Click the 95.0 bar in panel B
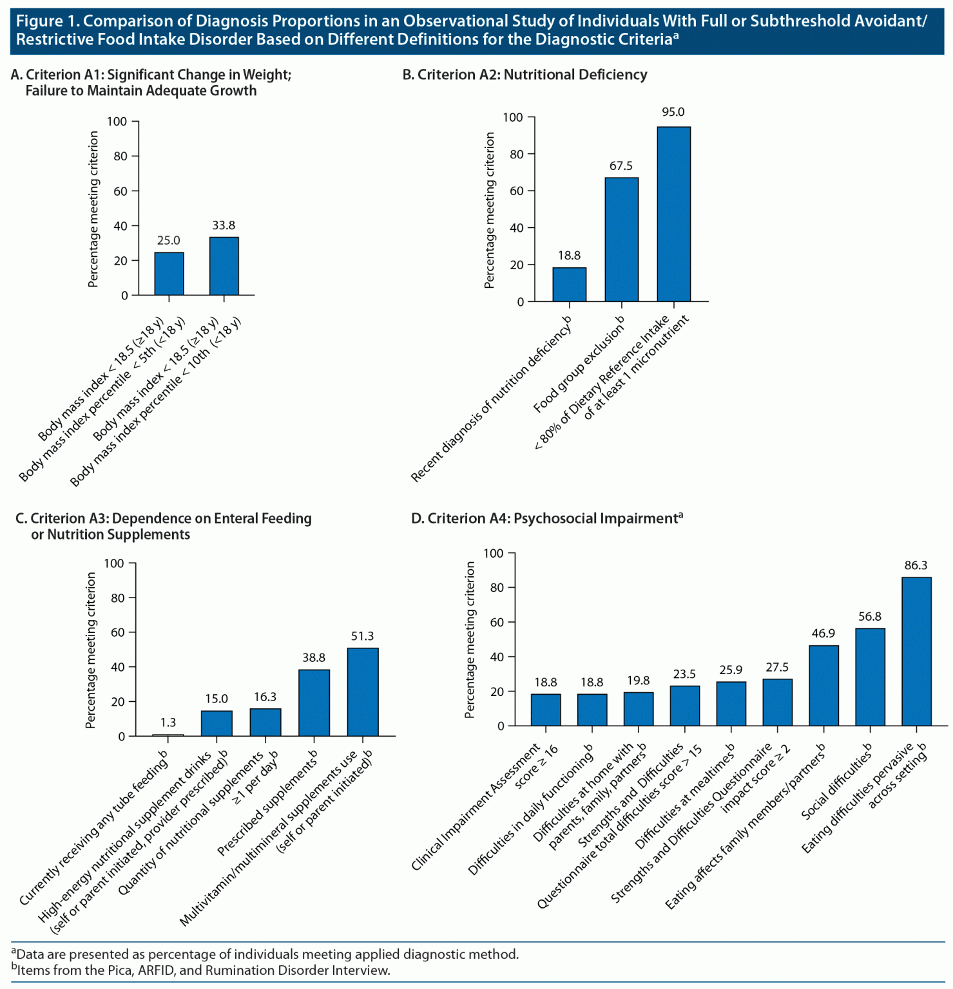pos(673,214)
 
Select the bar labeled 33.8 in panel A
pos(224,266)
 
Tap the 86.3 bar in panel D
pos(916,651)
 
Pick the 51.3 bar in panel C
pos(362,692)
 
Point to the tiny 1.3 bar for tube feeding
pos(168,735)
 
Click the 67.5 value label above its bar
pos(621,166)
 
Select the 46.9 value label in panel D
pos(823,634)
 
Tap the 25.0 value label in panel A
pos(169,241)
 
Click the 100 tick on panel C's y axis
pos(114,563)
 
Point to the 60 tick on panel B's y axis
pos(516,191)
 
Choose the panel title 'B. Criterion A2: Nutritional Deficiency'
pos(525,75)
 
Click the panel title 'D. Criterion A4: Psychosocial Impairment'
pos(546,518)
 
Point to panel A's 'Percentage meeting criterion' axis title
pos(93,209)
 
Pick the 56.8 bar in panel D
pos(869,677)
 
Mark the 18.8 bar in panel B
pos(569,284)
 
